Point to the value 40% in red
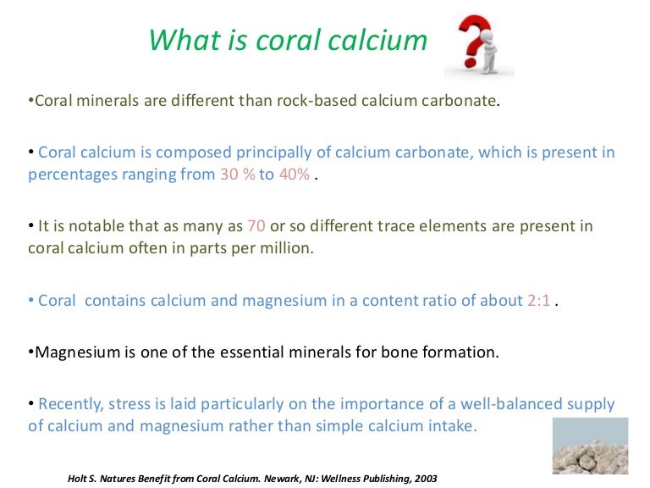coord(294,175)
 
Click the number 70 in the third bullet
coord(256,226)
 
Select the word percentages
coord(71,175)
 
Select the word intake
coord(454,425)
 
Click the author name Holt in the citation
coord(79,478)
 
